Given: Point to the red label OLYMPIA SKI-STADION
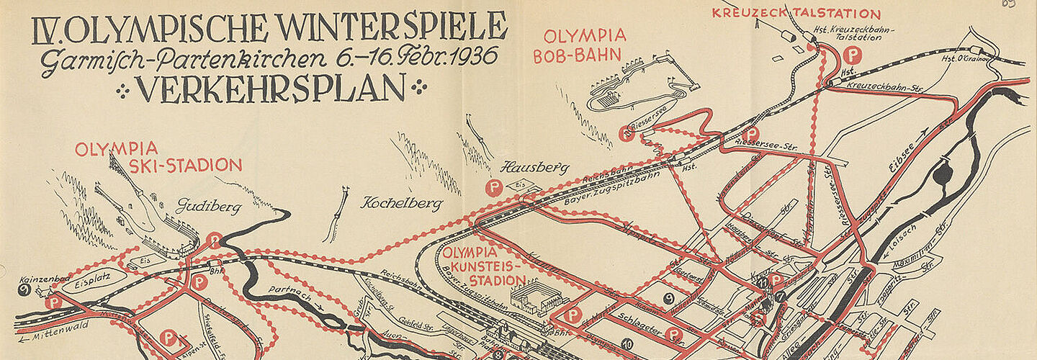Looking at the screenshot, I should coord(158,157).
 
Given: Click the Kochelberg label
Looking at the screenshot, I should coord(401,204).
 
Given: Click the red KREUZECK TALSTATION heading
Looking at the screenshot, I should coord(796,14).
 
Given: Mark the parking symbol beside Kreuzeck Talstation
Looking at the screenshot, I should coord(853,55).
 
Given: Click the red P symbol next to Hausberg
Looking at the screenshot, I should coord(494,189).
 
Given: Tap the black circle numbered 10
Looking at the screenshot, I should coord(627,344).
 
